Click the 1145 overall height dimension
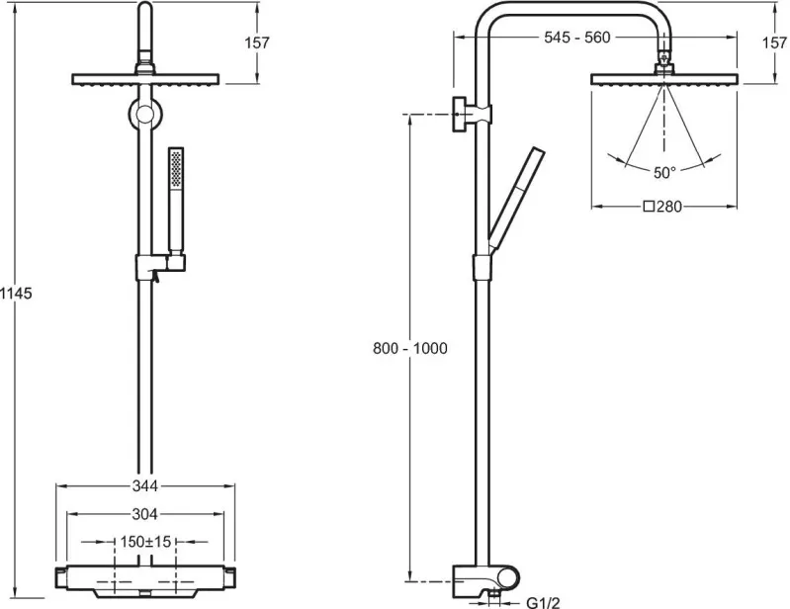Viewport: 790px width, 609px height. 16,293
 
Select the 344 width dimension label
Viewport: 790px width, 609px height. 145,485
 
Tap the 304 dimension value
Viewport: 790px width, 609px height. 145,514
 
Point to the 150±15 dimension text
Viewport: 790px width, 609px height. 145,542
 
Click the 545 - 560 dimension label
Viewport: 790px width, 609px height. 576,38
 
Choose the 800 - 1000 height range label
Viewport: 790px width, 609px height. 410,348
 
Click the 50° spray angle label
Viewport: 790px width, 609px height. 664,173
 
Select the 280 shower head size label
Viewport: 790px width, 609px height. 663,207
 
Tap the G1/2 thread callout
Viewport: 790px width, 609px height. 543,602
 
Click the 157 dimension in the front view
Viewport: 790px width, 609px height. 257,43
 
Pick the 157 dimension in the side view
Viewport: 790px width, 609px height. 775,43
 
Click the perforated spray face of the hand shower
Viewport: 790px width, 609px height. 176,168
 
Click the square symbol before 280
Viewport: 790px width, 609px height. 650,207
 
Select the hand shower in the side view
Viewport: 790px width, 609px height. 515,199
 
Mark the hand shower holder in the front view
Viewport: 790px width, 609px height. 160,266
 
